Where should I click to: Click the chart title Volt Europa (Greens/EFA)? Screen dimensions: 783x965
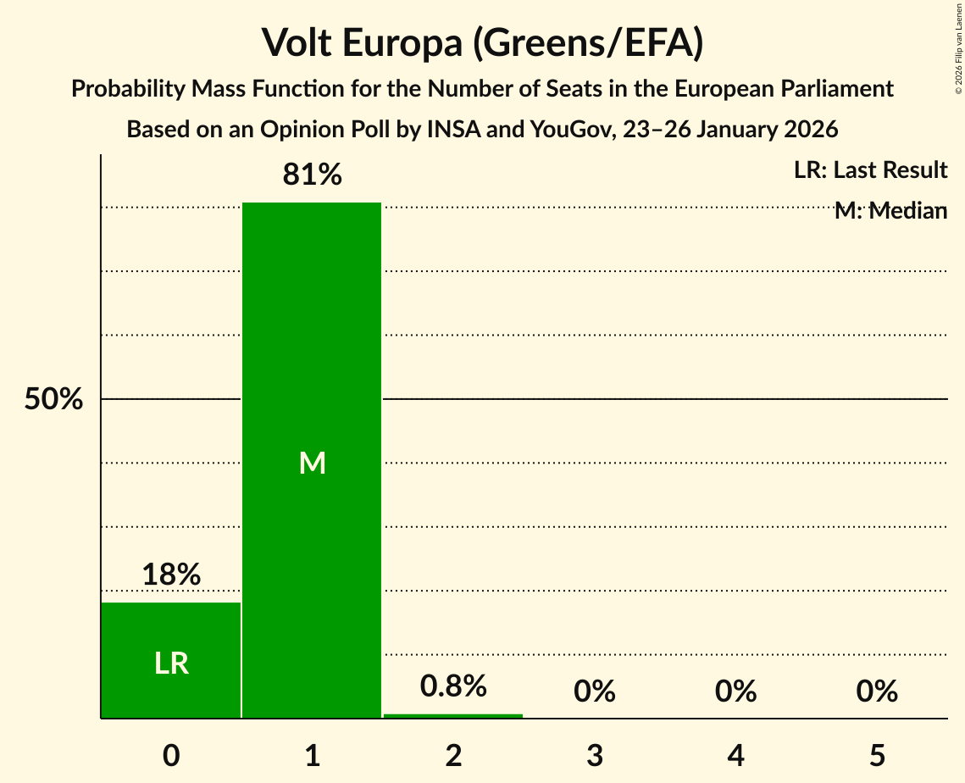pyautogui.click(x=482, y=42)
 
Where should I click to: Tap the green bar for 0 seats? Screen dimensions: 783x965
pyautogui.click(x=171, y=660)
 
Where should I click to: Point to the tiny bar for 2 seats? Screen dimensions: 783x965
pyautogui.click(x=453, y=716)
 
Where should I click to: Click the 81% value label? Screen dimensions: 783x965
pyautogui.click(x=312, y=175)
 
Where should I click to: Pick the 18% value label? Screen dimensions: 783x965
pyautogui.click(x=171, y=575)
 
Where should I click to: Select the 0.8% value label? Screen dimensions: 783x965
pyautogui.click(x=453, y=686)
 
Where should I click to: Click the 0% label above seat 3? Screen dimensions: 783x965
pyautogui.click(x=594, y=691)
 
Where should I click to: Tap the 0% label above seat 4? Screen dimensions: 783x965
pyautogui.click(x=735, y=691)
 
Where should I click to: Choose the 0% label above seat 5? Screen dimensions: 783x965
pyautogui.click(x=876, y=691)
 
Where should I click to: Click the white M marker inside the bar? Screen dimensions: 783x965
pyautogui.click(x=312, y=463)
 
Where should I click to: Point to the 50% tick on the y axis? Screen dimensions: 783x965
pyautogui.click(x=53, y=399)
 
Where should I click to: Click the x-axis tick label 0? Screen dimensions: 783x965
pyautogui.click(x=171, y=755)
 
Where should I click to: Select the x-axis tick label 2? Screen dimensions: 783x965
pyautogui.click(x=453, y=755)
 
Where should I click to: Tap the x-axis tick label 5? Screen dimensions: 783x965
pyautogui.click(x=876, y=755)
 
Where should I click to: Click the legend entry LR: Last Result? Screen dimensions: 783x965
pyautogui.click(x=870, y=170)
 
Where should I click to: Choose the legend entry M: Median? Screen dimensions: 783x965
pyautogui.click(x=890, y=211)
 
